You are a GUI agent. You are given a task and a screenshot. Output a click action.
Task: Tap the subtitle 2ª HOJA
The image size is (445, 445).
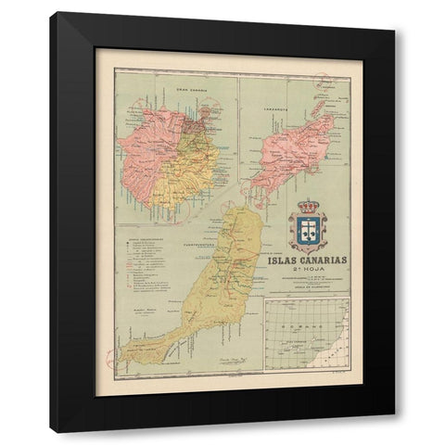(x=305, y=272)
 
